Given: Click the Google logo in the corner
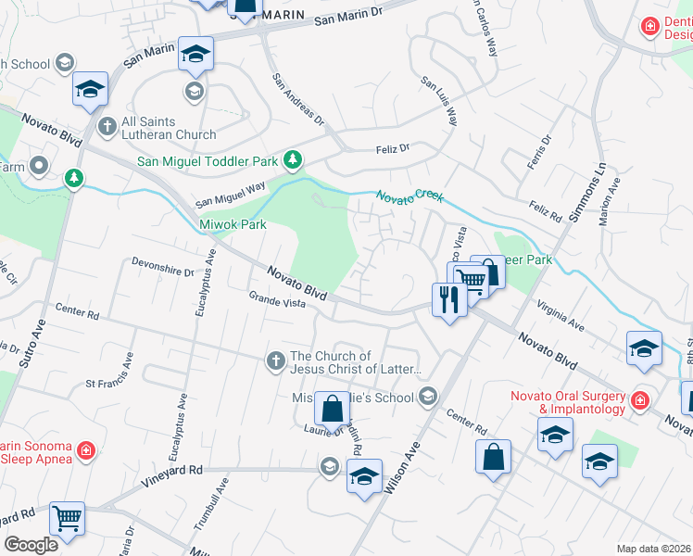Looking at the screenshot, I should tap(31, 545).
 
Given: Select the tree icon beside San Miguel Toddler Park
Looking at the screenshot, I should tap(293, 160).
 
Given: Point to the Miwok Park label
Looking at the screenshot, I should tap(233, 224).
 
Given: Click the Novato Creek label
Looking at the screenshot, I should tap(409, 196).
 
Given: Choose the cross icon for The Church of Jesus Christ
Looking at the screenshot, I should tap(275, 362).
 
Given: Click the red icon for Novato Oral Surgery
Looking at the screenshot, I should tap(639, 401).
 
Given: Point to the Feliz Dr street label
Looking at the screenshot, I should tap(392, 148).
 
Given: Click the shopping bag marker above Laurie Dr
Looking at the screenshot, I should tap(331, 408).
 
